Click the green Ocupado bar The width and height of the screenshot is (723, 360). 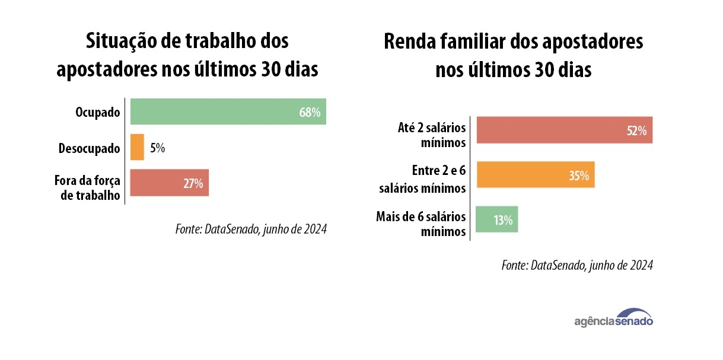tap(228, 111)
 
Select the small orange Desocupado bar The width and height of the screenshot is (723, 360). tap(137, 147)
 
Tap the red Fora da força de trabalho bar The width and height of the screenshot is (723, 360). tap(169, 183)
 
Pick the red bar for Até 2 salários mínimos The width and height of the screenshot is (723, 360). tap(564, 130)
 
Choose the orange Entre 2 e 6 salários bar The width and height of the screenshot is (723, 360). tap(535, 175)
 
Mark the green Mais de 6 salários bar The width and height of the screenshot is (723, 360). tap(497, 219)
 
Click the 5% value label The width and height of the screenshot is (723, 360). tap(157, 148)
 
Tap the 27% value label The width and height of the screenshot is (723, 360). tap(193, 183)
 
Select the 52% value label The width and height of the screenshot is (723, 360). tap(636, 131)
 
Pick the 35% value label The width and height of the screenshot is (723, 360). tap(578, 176)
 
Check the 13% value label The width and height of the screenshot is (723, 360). tap(503, 220)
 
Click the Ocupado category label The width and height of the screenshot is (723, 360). tap(98, 112)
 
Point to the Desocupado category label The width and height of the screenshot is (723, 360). tap(89, 148)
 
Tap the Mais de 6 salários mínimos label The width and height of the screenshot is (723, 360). tap(421, 224)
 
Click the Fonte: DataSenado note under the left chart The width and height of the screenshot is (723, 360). tap(251, 229)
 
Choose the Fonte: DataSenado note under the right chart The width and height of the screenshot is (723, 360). tap(577, 265)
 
